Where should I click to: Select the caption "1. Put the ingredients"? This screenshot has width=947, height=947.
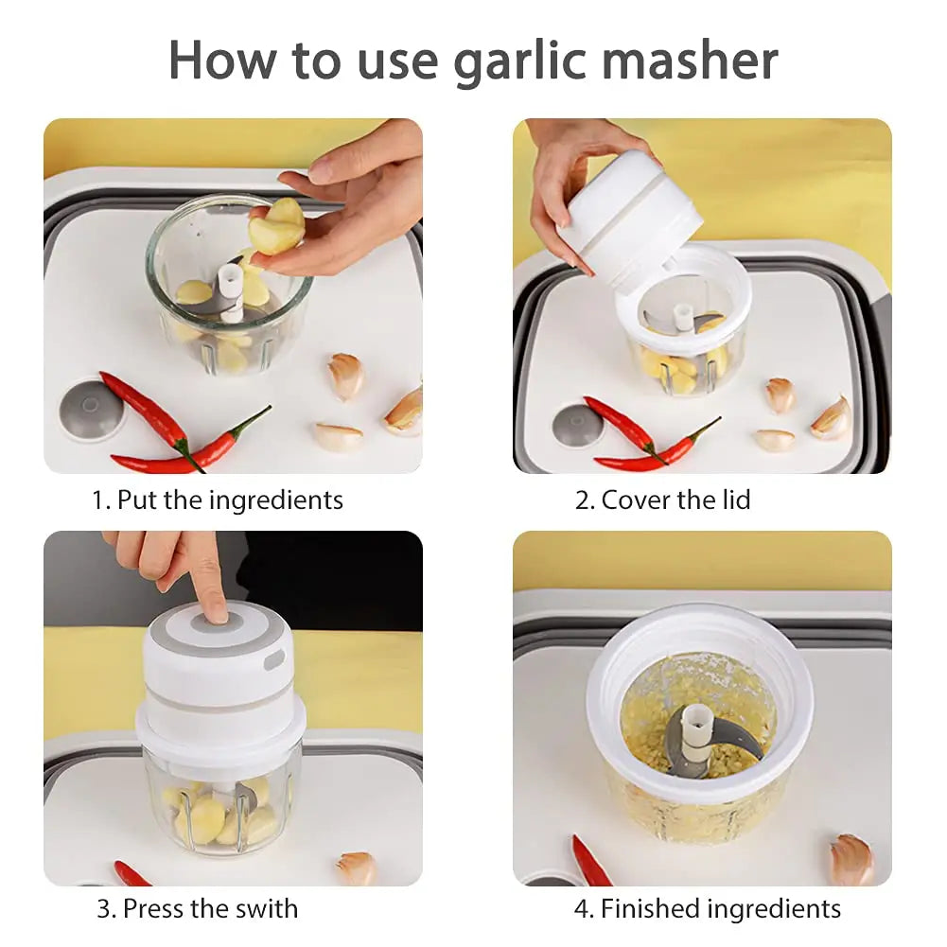[218, 500]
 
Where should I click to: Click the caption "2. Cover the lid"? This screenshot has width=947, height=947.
[662, 500]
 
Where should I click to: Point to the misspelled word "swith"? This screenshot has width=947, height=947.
[263, 909]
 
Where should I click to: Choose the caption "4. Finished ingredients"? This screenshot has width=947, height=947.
[707, 909]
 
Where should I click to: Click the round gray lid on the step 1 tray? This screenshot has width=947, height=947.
[91, 410]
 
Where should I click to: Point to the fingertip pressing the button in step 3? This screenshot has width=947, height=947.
[216, 612]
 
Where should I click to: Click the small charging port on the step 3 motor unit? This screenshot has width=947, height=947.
[273, 659]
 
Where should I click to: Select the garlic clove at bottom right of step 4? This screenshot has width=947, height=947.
[851, 858]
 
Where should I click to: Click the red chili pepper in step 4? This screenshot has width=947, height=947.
[590, 861]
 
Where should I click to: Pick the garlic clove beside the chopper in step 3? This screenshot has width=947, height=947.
[357, 868]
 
